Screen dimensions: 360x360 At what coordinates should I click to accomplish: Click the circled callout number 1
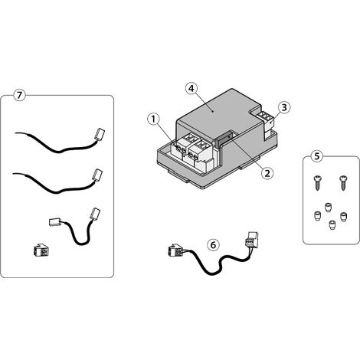tap(153, 119)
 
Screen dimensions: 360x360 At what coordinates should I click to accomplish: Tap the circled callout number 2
tap(267, 173)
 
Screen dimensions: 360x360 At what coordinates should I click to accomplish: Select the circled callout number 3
tap(284, 107)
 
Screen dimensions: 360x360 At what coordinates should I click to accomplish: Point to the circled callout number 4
tap(191, 89)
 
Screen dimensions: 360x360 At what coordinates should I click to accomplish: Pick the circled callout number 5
tap(317, 156)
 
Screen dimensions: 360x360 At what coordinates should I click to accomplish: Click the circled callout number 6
tap(213, 245)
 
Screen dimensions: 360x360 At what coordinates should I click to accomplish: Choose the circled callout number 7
tap(19, 95)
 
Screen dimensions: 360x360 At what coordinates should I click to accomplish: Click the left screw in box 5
tap(316, 183)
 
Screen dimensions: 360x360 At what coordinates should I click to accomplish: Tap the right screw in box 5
tap(342, 183)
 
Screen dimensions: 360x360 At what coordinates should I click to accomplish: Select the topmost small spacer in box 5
tap(327, 207)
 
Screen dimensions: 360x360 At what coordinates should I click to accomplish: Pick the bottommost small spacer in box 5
tap(332, 225)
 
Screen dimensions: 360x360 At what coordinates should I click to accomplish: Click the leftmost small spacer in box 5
tap(316, 216)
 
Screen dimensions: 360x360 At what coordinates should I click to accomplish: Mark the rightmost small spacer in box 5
tap(344, 218)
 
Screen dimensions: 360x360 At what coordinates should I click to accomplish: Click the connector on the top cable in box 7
tap(100, 134)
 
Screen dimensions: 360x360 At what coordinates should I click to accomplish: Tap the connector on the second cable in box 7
tap(97, 175)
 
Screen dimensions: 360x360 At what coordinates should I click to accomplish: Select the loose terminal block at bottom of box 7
tap(41, 250)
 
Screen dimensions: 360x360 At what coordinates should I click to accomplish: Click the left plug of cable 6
tap(175, 250)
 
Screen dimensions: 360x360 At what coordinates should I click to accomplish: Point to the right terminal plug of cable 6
tap(252, 239)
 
